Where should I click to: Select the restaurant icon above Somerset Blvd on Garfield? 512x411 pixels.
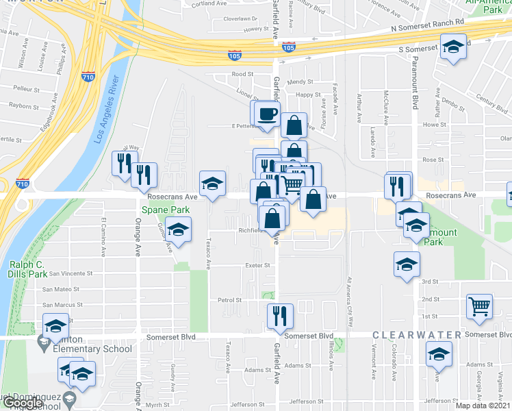pyautogui.click(x=280, y=314)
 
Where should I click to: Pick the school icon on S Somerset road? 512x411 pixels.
pyautogui.click(x=452, y=48)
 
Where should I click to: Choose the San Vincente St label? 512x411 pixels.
pyautogui.click(x=67, y=273)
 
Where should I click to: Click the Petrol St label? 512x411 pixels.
pyautogui.click(x=229, y=300)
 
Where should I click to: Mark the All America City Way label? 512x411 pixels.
pyautogui.click(x=349, y=297)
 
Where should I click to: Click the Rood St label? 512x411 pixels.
pyautogui.click(x=242, y=74)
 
